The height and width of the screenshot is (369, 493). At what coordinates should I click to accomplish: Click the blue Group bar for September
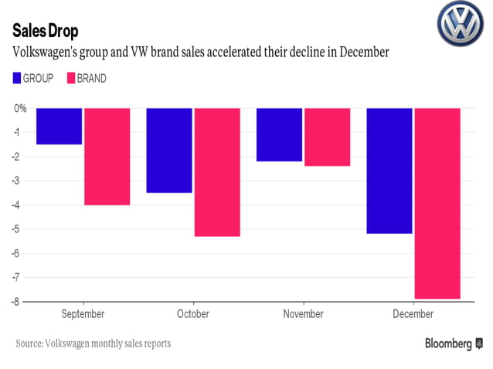tap(59, 126)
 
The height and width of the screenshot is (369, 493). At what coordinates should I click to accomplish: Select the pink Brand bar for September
tap(107, 156)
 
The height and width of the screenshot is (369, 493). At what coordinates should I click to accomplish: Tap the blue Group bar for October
tap(168, 150)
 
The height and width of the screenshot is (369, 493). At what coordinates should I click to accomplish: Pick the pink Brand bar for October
tap(216, 172)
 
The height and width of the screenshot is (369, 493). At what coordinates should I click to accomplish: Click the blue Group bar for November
tap(279, 134)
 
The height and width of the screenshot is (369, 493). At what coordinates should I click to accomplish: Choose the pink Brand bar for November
tap(327, 137)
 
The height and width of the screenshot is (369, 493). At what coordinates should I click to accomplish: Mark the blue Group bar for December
tap(389, 171)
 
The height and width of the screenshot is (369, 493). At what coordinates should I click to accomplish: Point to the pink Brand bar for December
tap(437, 203)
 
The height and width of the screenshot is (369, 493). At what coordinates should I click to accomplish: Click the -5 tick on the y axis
tap(21, 229)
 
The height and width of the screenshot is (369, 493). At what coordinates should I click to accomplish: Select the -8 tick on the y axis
tap(21, 300)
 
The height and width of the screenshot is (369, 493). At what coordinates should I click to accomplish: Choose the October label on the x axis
tap(192, 314)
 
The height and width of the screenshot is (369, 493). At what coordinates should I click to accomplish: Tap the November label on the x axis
tap(303, 314)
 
